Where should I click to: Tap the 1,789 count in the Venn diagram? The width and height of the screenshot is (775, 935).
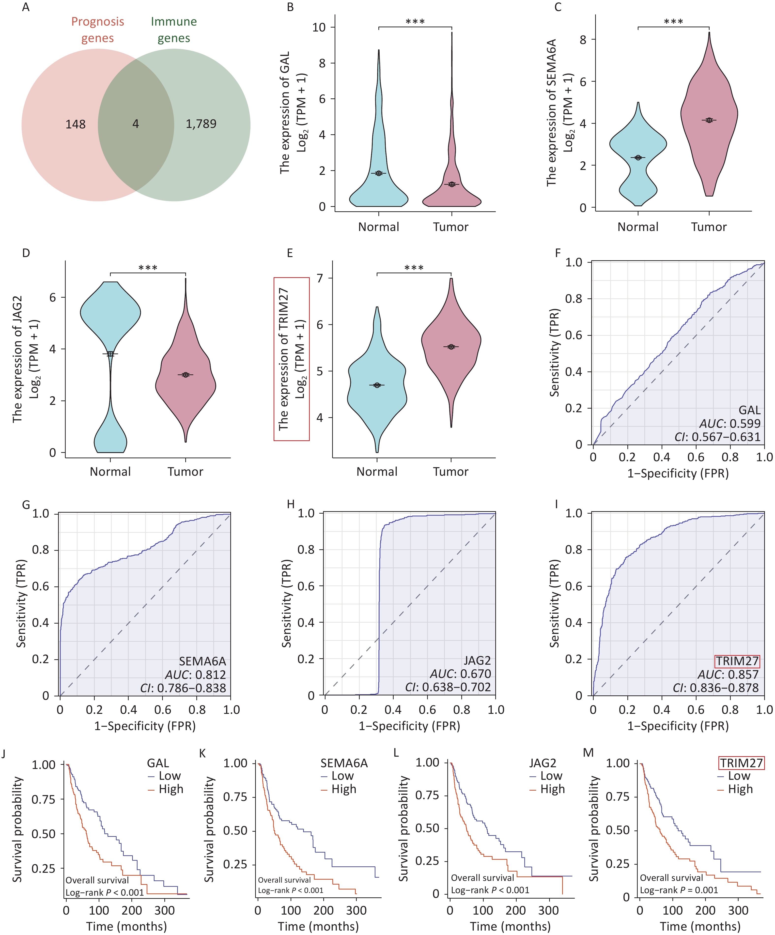pos(201,124)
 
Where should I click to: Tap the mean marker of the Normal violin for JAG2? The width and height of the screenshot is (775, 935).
pos(110,354)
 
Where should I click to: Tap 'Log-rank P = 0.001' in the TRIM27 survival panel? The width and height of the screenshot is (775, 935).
pos(679,890)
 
